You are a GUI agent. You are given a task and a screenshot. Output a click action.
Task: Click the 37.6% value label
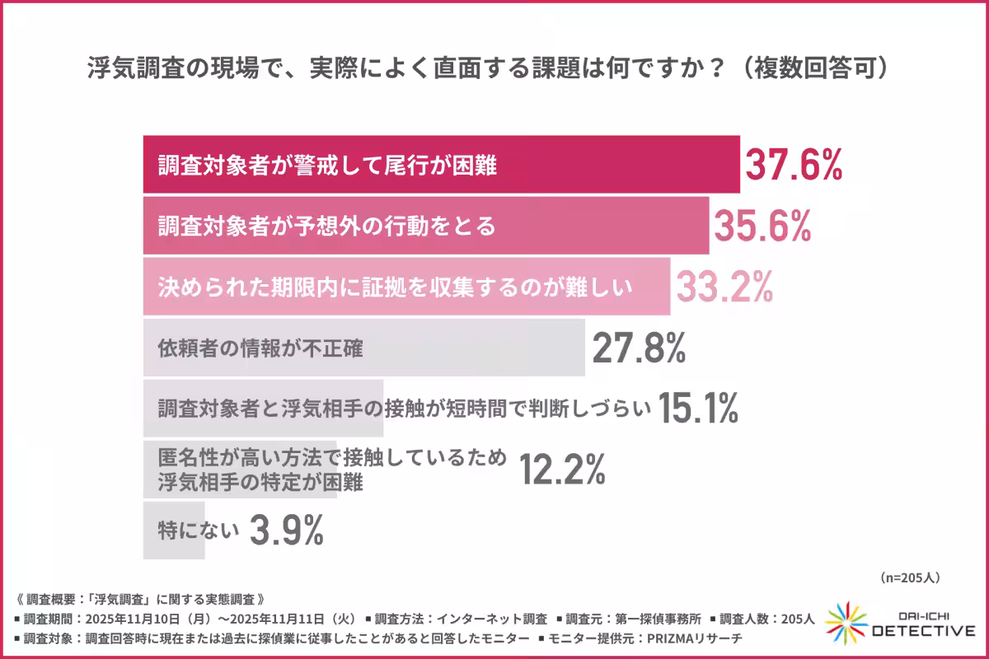(794, 164)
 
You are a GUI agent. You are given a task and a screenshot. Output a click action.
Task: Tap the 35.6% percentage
(762, 225)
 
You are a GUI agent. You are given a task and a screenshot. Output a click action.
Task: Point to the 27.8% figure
(639, 348)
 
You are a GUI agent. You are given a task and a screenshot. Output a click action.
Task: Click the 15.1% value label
(698, 409)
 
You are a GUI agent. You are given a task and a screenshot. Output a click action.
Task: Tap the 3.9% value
(286, 530)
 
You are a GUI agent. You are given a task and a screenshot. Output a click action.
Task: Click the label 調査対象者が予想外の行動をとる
(326, 226)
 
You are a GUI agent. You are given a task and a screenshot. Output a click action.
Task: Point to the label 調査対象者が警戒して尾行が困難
(326, 165)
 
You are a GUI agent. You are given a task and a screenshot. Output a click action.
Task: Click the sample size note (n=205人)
(910, 577)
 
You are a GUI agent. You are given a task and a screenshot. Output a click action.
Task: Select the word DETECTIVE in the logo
(923, 631)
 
